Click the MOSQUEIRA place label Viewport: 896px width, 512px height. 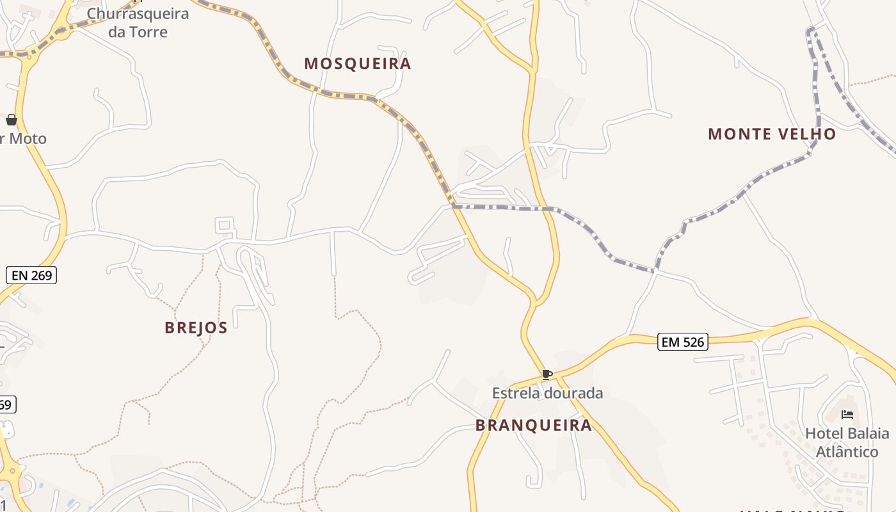pos(357,63)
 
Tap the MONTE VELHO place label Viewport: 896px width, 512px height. pos(772,134)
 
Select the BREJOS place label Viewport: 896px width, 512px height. pos(196,328)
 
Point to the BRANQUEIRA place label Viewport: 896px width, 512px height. pos(534,426)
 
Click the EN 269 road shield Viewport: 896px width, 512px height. pos(31,276)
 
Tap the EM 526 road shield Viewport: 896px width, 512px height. pos(682,342)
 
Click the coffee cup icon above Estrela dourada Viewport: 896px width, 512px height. pos(547,375)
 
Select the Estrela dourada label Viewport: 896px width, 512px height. pos(547,393)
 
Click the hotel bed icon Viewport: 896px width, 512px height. pos(847,415)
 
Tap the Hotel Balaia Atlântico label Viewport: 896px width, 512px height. pos(847,443)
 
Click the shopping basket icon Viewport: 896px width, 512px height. pos(12,120)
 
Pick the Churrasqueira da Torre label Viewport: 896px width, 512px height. pos(138,23)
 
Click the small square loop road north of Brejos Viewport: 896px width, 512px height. pos(224,225)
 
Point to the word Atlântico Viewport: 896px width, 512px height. pos(847,452)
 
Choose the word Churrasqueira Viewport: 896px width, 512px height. pos(138,14)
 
